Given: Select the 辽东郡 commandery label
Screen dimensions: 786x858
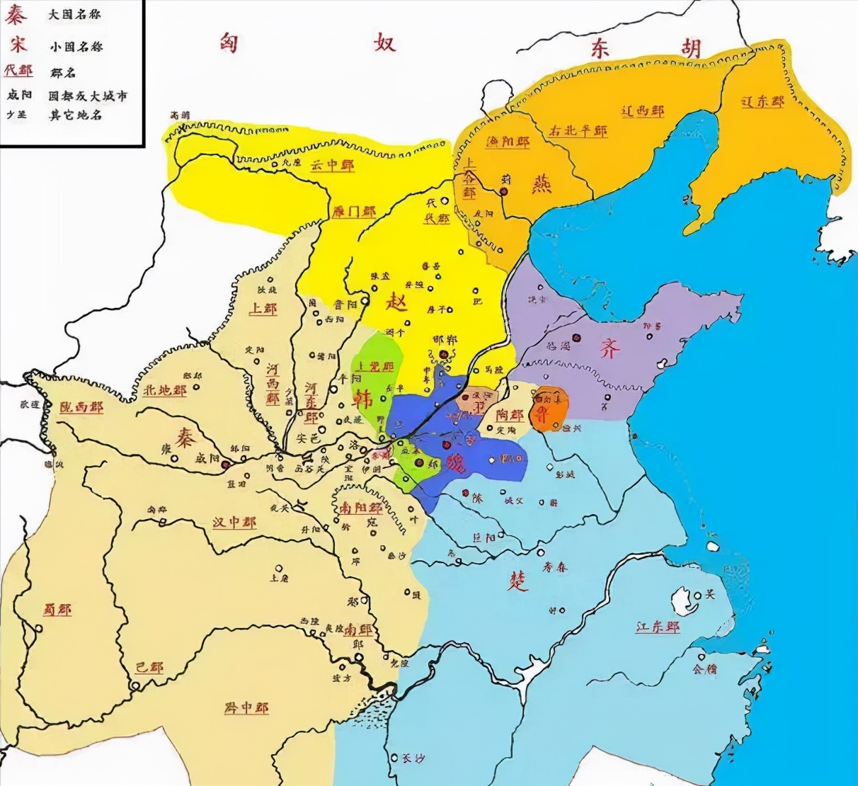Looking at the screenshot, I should (x=762, y=101).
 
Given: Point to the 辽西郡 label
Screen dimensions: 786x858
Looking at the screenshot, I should (x=642, y=111).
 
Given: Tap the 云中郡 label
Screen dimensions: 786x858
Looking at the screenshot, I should (x=333, y=165).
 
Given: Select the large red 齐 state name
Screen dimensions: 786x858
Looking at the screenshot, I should (x=610, y=348).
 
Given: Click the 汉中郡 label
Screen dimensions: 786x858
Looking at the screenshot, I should (x=234, y=523).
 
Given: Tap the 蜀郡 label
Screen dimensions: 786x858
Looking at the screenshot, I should (x=57, y=609).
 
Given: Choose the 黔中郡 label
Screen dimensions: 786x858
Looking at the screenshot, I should (x=246, y=707).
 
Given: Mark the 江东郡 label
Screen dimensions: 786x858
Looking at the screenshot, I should (x=658, y=627).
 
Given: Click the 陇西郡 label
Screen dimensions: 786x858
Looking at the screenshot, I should (x=81, y=408).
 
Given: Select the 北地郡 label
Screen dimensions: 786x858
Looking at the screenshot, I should (x=164, y=390).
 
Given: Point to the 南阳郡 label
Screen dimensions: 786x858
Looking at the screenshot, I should (x=360, y=508).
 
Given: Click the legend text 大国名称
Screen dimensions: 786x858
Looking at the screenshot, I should (x=76, y=15).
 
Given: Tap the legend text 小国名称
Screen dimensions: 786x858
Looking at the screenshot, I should (x=76, y=46).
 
